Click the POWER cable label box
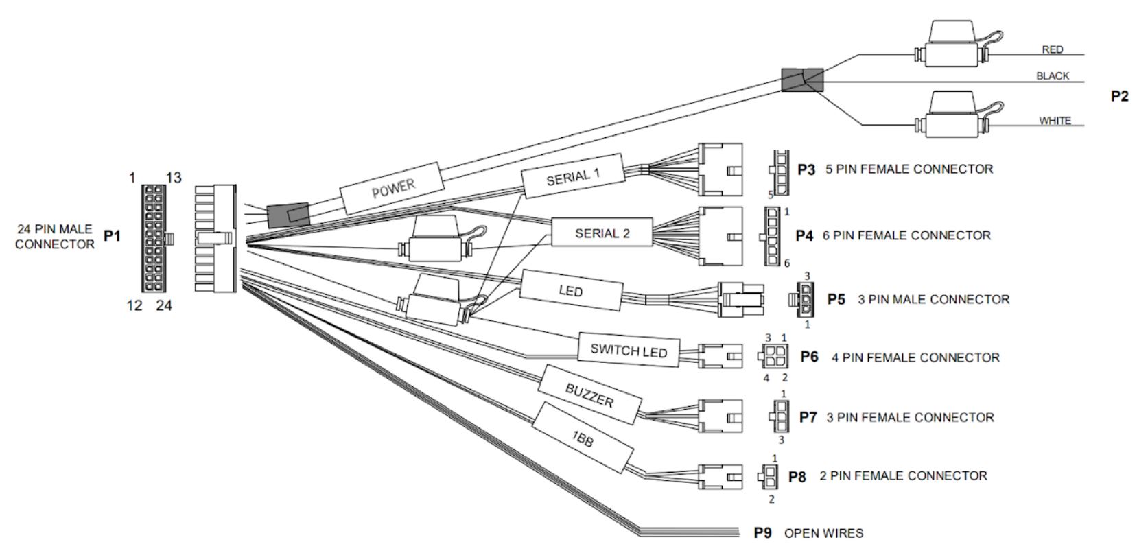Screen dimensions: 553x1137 392,188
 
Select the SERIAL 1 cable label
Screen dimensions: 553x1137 573,176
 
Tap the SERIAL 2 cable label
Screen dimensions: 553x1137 602,233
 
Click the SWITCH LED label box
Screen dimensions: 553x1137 629,351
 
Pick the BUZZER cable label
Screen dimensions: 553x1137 589,396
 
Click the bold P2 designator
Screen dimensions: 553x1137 1118,97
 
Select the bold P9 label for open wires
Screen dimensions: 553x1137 762,533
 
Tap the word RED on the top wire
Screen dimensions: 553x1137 1052,49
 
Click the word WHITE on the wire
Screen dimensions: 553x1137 1055,121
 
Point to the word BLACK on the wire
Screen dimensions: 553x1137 1053,76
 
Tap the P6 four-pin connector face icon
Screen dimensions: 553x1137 774,357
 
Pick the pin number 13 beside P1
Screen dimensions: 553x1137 174,178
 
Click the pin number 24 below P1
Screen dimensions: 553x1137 163,306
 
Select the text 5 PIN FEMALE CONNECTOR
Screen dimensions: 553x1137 909,169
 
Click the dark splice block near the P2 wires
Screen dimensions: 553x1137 801,80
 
